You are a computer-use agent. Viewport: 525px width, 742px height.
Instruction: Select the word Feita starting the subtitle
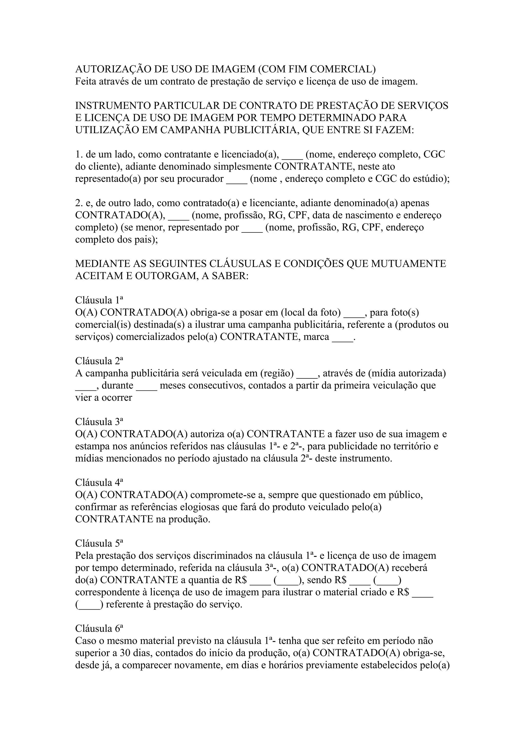click(85, 81)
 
